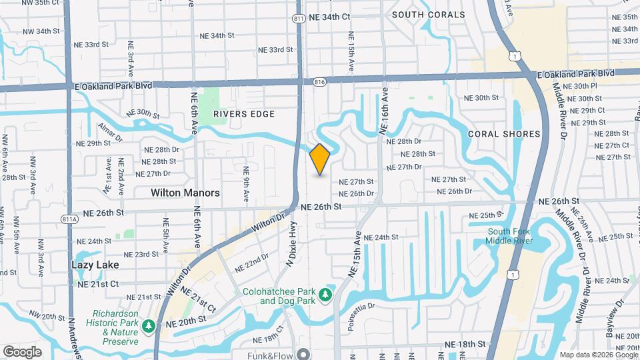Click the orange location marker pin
320,159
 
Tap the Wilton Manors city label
185,193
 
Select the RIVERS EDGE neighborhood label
244,114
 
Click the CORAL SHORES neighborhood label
504,134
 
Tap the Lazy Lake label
95,265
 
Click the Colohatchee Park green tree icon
325,294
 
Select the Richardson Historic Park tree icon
150,326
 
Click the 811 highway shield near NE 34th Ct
299,19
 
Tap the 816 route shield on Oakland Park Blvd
318,82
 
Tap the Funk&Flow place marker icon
304,354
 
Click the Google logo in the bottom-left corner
22,352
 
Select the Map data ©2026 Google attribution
598,355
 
